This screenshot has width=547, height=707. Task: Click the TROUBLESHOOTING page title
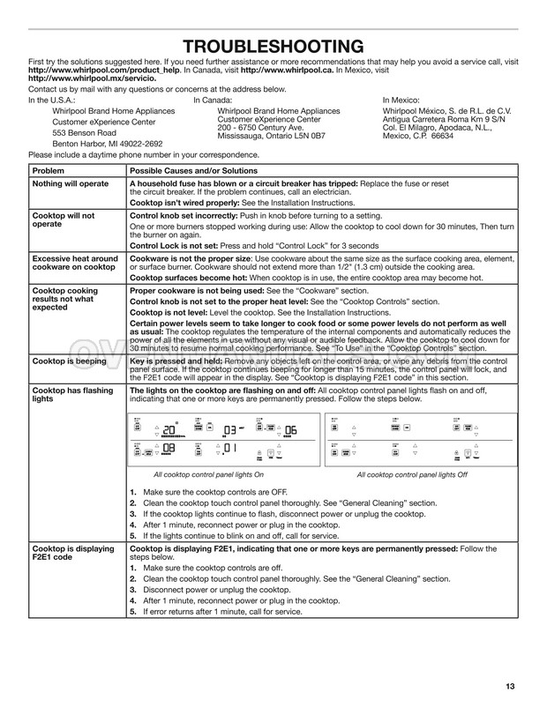[x=273, y=47]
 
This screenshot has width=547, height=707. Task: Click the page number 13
[x=511, y=686]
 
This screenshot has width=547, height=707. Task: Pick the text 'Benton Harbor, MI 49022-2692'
[x=108, y=143]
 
